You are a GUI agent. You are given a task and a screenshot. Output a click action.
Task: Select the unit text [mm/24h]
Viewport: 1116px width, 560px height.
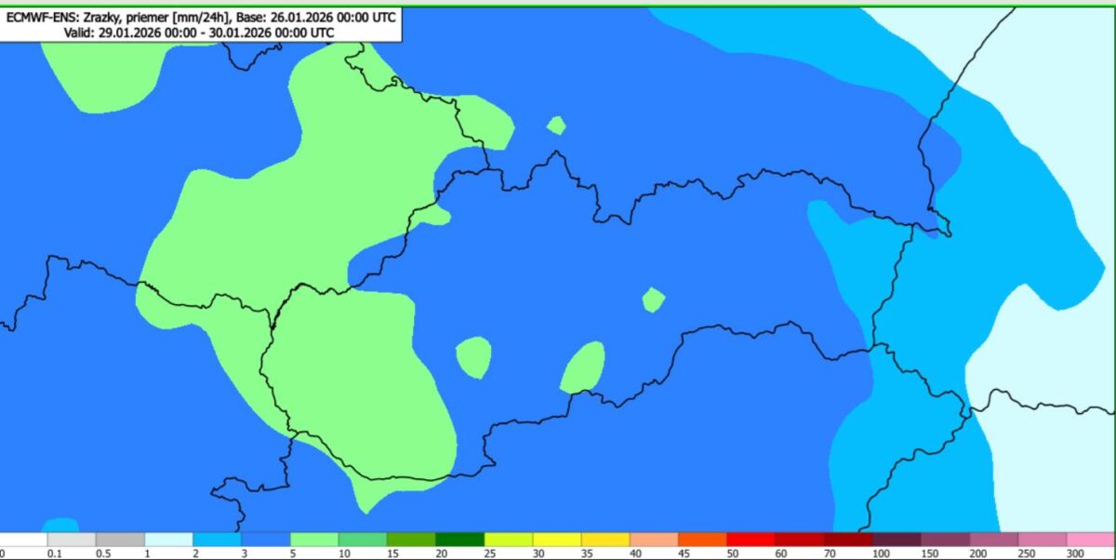[x=202, y=17]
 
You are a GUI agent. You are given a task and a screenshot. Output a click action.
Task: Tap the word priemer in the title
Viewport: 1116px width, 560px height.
[x=149, y=17]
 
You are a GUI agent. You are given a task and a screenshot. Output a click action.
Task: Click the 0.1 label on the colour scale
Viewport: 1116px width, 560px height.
[x=54, y=553]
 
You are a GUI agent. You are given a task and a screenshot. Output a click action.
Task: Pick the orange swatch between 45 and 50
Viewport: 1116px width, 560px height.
[x=702, y=540]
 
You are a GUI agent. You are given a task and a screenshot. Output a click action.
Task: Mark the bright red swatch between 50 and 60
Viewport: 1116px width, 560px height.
[x=751, y=540]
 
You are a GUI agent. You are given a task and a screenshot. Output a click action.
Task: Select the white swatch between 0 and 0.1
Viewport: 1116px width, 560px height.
[x=24, y=540]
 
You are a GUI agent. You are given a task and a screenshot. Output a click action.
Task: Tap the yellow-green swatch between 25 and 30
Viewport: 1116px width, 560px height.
[x=509, y=540]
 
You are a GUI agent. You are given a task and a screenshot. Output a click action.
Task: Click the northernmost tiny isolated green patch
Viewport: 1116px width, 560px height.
[x=556, y=125]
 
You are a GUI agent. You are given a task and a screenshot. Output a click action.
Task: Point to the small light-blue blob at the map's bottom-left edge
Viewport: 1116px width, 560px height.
[x=60, y=525]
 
